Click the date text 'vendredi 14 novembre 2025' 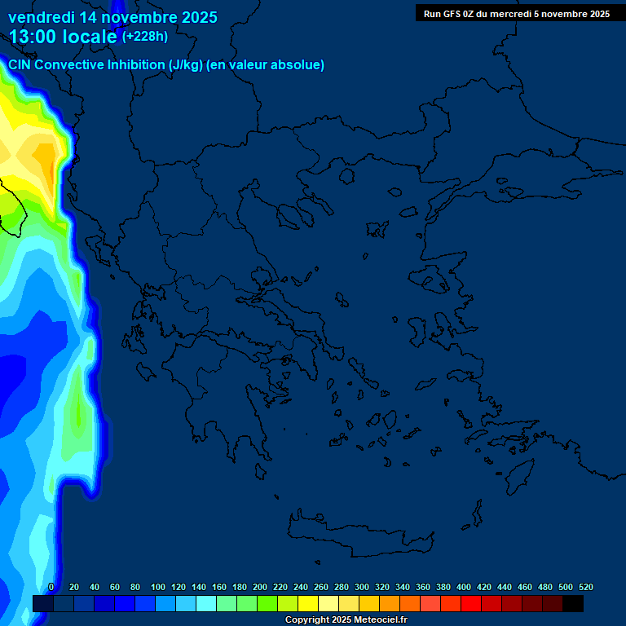click(x=112, y=16)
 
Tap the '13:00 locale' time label click(x=63, y=37)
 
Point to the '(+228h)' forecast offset click(x=144, y=36)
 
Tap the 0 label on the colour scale click(x=51, y=587)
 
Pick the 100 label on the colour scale click(x=158, y=587)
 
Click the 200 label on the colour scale click(x=260, y=587)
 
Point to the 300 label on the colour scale click(x=362, y=587)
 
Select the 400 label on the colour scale click(x=464, y=587)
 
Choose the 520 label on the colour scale click(x=585, y=587)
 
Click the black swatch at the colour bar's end click(x=573, y=603)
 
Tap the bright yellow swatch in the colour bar click(x=308, y=603)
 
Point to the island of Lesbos click(x=435, y=280)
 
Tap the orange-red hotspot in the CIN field click(x=53, y=171)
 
